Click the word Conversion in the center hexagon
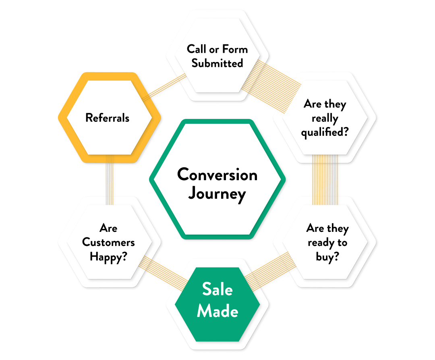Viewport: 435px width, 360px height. pyautogui.click(x=217, y=175)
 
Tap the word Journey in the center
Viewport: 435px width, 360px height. pyautogui.click(x=217, y=194)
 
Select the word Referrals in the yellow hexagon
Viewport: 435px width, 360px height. pyautogui.click(x=108, y=118)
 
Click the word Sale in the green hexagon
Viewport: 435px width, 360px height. pyautogui.click(x=217, y=289)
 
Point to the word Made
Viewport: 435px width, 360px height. pyautogui.click(x=217, y=311)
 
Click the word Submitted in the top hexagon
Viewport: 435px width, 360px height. pyautogui.click(x=217, y=63)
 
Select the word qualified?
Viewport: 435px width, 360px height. pyautogui.click(x=325, y=132)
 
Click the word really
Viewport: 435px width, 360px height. pyautogui.click(x=325, y=119)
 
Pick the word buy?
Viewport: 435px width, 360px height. pyautogui.click(x=327, y=257)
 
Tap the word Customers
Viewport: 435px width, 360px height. pyautogui.click(x=108, y=242)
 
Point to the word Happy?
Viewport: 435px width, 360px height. pyautogui.click(x=108, y=256)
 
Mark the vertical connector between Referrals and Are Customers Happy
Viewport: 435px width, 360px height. pyautogui.click(x=110, y=179)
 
